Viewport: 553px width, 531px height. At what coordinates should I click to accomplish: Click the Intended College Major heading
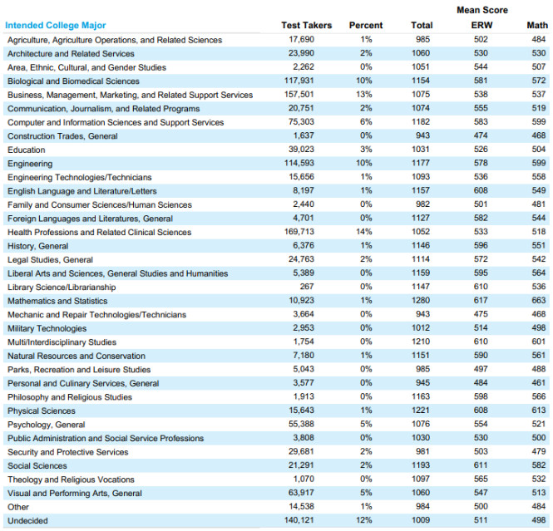pos(56,26)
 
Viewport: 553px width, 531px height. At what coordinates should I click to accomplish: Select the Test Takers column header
pos(307,26)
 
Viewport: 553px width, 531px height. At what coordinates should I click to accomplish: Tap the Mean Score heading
pos(482,10)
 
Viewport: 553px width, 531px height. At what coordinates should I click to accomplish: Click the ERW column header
pos(481,26)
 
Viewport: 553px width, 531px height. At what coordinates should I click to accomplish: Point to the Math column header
pos(537,26)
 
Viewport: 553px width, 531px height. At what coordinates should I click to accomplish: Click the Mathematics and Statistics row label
pos(57,301)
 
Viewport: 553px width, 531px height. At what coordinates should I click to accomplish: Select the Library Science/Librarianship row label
pos(62,288)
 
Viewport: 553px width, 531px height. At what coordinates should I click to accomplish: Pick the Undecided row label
pos(27,520)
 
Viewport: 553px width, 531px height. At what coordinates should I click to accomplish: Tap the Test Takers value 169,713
pos(299,232)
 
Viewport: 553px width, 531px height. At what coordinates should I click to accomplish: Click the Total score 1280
pos(421,301)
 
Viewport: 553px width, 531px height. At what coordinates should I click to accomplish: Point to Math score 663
pos(539,301)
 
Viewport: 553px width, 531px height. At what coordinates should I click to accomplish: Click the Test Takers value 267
pos(307,287)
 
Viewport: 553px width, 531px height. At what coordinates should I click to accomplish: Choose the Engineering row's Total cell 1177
pos(421,163)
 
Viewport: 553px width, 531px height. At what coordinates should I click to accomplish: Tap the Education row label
pos(27,150)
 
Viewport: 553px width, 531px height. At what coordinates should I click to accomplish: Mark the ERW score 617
pos(481,301)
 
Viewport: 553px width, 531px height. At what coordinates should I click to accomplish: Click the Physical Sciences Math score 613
pos(539,411)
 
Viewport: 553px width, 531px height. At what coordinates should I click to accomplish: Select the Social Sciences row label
pos(37,465)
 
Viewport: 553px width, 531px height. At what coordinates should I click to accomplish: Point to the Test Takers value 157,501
pos(299,95)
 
